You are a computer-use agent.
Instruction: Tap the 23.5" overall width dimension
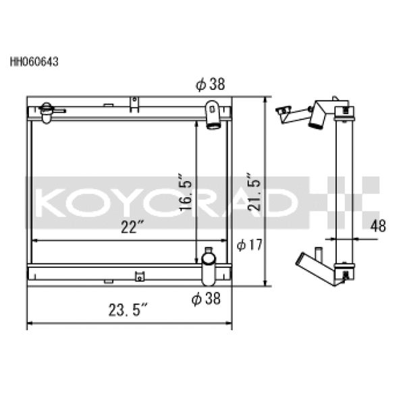pos(126,311)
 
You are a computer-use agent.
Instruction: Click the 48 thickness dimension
pos(378,227)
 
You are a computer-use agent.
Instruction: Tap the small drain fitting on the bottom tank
pos(140,275)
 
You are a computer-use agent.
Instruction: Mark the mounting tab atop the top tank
pos(134,103)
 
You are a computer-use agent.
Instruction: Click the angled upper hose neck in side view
pos(317,114)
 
